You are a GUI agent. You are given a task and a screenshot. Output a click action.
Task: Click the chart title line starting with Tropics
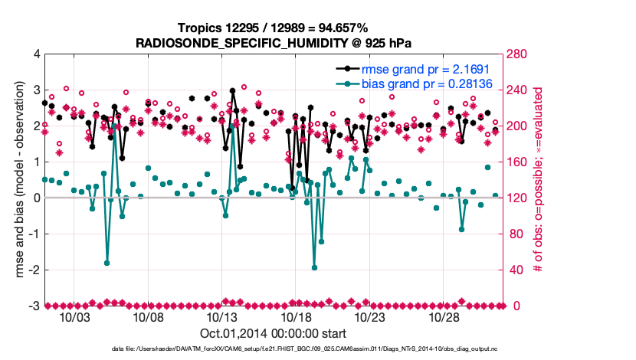click(x=274, y=28)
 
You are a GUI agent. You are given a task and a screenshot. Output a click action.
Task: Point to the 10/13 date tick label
click(x=221, y=317)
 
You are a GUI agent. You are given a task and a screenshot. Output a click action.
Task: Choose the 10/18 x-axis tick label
click(x=296, y=317)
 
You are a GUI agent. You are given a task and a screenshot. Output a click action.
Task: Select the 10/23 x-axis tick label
click(x=369, y=317)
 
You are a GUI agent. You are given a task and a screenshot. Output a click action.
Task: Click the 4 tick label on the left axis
click(x=36, y=54)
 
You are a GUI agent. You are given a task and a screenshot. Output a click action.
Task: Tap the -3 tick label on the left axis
click(x=34, y=306)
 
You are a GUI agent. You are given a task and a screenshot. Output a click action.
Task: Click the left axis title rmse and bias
click(x=17, y=180)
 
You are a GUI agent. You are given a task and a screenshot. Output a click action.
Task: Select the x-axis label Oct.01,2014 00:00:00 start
click(x=274, y=333)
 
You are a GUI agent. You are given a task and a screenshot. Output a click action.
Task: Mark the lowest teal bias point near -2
click(x=314, y=267)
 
